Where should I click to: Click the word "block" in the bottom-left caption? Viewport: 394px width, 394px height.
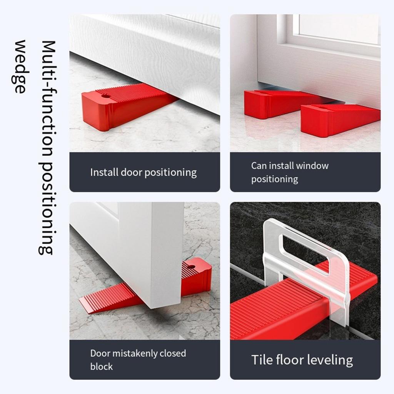102,367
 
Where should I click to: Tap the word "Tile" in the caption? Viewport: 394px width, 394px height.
262,360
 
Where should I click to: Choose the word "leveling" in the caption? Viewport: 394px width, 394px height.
331,361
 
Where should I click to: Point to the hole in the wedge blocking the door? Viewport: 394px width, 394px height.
191,266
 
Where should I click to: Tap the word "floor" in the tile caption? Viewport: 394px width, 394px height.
294,360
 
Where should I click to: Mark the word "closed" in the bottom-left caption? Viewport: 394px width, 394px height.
171,353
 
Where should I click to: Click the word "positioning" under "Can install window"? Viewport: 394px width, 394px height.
275,179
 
